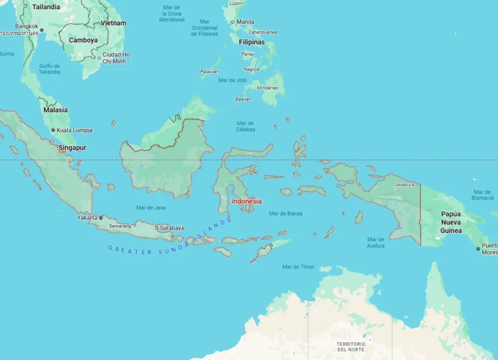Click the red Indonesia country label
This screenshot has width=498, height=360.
click(246, 201)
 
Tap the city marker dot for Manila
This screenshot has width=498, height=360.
click(233, 22)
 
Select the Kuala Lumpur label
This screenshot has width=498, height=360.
click(75, 130)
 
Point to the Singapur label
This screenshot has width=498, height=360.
click(72, 148)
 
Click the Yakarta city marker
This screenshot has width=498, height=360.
click(101, 218)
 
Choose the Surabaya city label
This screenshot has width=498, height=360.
click(172, 228)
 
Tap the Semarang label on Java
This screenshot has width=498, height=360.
click(119, 226)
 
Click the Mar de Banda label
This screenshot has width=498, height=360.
click(285, 213)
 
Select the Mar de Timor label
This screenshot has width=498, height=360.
click(298, 267)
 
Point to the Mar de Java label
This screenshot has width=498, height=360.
click(150, 208)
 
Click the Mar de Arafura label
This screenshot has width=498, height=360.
click(375, 243)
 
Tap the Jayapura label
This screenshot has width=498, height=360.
click(404, 184)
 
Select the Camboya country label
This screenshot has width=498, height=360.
click(83, 40)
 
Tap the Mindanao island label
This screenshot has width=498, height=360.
click(268, 88)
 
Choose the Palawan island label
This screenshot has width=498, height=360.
click(209, 71)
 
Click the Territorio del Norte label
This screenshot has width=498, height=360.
click(351, 346)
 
